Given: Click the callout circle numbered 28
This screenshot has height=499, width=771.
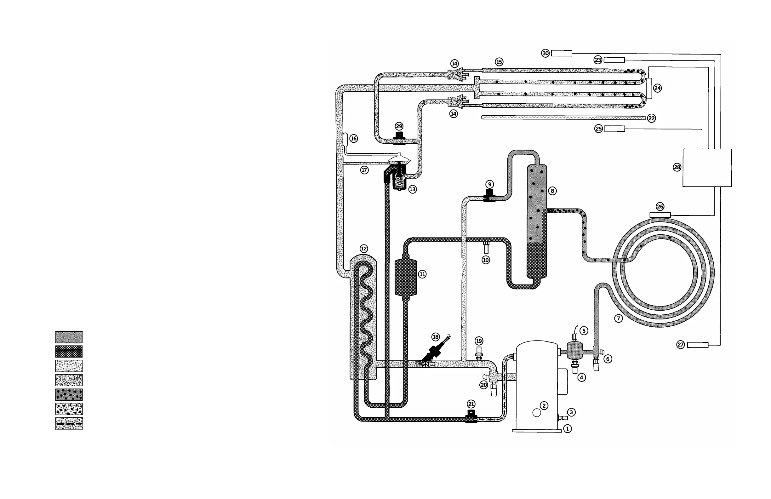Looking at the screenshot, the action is coord(677,167).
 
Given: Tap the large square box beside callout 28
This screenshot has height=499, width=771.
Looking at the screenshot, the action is coord(707,168).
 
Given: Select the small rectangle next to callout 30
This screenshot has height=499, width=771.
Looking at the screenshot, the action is coord(562,54).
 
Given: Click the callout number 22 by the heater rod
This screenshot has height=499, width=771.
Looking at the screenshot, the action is coord(651,118).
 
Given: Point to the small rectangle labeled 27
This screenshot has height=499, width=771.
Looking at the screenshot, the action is coord(698,345).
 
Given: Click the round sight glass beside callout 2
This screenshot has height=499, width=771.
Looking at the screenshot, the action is coord(537,413).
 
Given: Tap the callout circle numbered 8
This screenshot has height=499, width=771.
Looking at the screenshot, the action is coord(552,191).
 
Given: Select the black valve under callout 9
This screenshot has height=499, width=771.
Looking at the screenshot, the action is coord(489,196).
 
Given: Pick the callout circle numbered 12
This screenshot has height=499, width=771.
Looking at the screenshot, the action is coord(364,249).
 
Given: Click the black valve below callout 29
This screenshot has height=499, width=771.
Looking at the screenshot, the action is coord(399,138).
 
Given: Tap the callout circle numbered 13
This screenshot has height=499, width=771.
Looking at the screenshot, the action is coord(412,189).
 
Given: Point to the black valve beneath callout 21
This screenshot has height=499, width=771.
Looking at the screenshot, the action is coord(471,417).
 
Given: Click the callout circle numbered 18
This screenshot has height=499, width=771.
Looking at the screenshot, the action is coord(436,337).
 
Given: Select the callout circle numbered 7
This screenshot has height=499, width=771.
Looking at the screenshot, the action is coord(619,318).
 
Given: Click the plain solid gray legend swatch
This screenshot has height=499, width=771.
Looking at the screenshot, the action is coord(69,337).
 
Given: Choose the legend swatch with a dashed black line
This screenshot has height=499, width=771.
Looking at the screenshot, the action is coord(69,423).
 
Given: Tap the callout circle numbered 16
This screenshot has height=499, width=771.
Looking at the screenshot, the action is coord(353,139).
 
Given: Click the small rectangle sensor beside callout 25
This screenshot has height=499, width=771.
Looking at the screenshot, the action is coord(614,129).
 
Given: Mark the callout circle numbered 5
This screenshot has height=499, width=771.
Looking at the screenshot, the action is coord(583,330).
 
